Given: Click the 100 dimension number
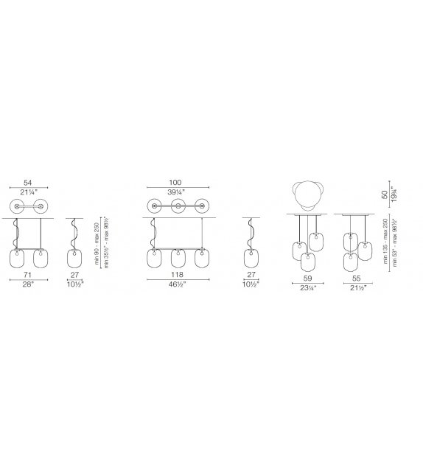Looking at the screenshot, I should pos(175,183).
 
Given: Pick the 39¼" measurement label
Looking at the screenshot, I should pos(175,193).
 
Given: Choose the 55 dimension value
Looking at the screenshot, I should pos(355,279).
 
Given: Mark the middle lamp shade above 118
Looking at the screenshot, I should pos(176,259).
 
